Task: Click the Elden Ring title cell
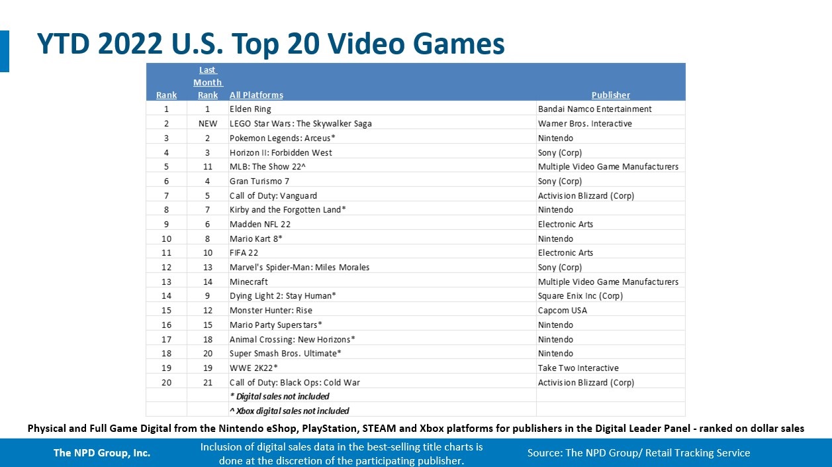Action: tap(250, 109)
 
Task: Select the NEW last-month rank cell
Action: tap(207, 124)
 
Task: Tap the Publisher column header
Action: tap(610, 95)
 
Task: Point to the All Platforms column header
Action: tap(256, 95)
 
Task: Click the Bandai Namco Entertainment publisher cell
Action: tap(594, 109)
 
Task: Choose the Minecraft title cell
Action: tap(249, 282)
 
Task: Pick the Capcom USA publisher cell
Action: tap(562, 311)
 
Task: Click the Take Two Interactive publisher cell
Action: tap(578, 368)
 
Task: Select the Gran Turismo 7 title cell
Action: tap(259, 182)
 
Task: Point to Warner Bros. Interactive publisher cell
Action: tap(584, 124)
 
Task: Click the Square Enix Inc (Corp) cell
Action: tap(580, 296)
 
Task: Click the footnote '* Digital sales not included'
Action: tap(279, 397)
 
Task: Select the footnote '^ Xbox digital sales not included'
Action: tap(289, 411)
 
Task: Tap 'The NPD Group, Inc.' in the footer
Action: tap(102, 454)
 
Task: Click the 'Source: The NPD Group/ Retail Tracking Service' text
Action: tap(639, 453)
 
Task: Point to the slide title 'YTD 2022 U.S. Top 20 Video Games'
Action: tap(270, 44)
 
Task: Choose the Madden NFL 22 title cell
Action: tap(260, 225)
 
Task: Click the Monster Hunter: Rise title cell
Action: tap(271, 311)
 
